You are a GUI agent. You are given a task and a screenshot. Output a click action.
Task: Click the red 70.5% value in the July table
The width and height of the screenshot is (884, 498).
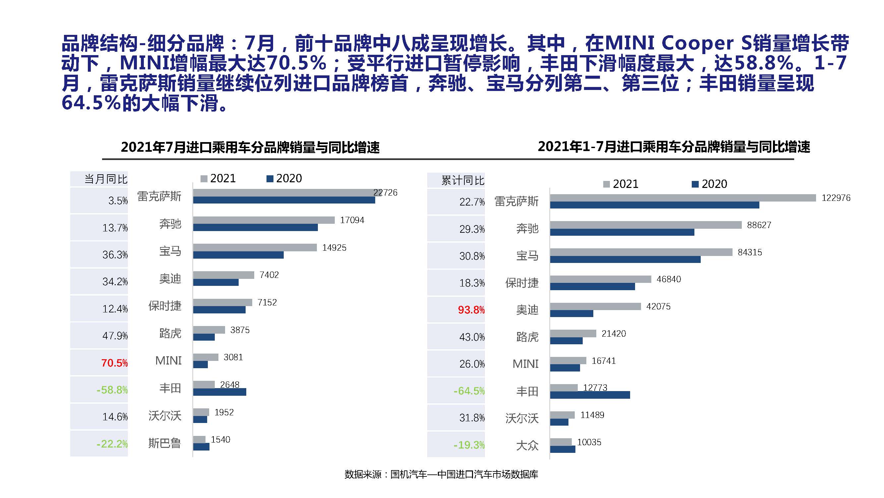pos(114,363)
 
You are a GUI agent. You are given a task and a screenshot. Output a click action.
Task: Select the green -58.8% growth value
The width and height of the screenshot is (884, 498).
pos(112,390)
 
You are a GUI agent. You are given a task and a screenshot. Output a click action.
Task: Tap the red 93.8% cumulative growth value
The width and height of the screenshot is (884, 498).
pos(471,310)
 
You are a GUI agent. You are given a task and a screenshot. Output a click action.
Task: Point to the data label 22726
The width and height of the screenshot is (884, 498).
pos(385,193)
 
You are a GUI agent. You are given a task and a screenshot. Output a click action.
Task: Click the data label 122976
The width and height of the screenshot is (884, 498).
pos(836,198)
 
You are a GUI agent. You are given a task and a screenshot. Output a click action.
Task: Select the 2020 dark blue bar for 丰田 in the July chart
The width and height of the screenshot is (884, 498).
pos(220,392)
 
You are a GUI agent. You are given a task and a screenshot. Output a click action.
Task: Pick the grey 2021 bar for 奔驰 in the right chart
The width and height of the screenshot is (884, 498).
pos(645,225)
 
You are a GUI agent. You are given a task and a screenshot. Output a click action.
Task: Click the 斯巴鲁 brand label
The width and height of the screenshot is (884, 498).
pos(164,443)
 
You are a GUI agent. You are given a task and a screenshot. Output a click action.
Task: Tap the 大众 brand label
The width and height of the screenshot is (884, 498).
pos(527,446)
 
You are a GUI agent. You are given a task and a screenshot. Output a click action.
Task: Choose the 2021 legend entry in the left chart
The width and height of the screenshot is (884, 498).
pos(218,178)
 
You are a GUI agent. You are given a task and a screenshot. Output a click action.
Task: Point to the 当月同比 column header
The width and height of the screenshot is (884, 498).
pos(106,179)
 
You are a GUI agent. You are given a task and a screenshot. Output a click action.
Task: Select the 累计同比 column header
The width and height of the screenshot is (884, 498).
pos(463,180)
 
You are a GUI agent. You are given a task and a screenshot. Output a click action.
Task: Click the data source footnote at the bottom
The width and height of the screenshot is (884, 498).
pos(441,475)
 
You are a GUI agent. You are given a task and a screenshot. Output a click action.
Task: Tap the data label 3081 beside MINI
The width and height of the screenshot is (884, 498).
pos(233,358)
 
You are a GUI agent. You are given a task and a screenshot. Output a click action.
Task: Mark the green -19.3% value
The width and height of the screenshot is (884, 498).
pos(469,445)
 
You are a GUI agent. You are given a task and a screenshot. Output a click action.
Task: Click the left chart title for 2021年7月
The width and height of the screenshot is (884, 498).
pos(250,147)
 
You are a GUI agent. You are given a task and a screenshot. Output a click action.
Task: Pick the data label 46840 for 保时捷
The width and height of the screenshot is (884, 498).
pos(669,280)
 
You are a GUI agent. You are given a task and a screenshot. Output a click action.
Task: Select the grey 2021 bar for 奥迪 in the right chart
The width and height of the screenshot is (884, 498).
pos(595,306)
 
